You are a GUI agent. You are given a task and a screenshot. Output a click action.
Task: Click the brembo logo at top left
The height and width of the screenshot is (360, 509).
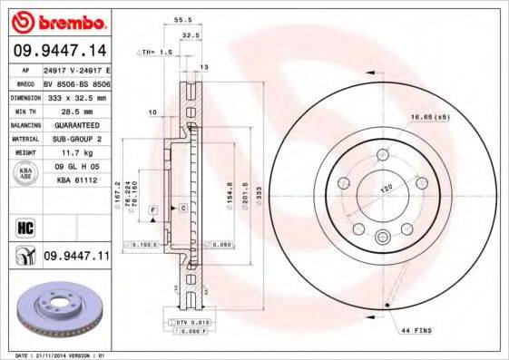coord(56,19)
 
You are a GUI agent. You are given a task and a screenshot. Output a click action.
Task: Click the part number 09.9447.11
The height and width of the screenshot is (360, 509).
coord(75,257)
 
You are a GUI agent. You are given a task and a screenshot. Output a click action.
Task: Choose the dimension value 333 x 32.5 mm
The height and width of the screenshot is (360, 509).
coord(76,96)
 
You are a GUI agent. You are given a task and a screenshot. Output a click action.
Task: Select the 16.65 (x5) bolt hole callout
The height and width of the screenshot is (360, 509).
coord(431,116)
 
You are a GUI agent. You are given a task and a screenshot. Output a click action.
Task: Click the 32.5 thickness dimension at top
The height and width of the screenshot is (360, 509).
coord(191,35)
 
